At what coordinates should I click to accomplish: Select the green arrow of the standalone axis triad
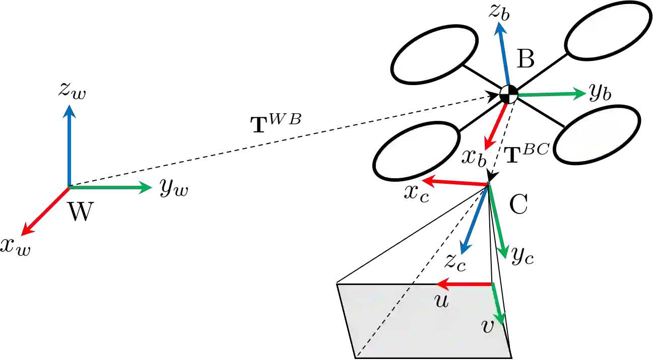[x=111, y=187]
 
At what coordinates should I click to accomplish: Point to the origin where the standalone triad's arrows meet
[x=69, y=187]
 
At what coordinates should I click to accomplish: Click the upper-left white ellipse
[x=434, y=54]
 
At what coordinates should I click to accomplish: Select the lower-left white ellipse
[x=417, y=152]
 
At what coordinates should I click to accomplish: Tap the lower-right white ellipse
[x=597, y=134]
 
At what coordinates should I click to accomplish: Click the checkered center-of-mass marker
[x=508, y=94]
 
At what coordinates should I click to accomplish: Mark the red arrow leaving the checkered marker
[x=495, y=126]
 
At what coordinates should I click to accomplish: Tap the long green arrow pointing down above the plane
[x=497, y=222]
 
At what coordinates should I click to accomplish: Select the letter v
[x=487, y=327]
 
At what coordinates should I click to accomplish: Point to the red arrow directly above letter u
[x=464, y=284]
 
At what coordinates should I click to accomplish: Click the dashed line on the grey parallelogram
[x=385, y=319]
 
